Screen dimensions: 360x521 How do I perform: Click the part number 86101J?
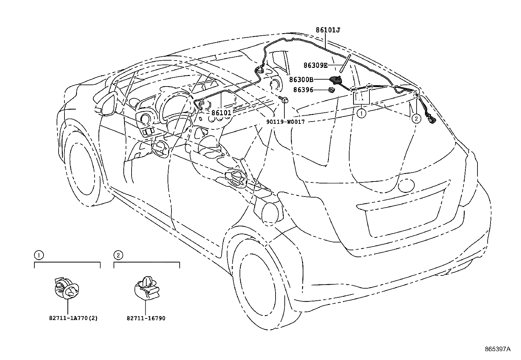click(x=328, y=30)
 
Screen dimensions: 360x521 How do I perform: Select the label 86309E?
click(x=315, y=65)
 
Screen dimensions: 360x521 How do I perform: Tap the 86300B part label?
click(x=301, y=79)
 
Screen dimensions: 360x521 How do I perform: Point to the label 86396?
click(x=303, y=89)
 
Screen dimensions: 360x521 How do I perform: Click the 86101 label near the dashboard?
click(x=221, y=113)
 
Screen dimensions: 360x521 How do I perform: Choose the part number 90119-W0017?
click(x=285, y=122)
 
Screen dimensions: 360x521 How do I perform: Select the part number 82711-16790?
click(x=146, y=318)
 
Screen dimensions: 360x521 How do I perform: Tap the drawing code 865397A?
click(x=497, y=349)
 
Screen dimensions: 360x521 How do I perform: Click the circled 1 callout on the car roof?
click(x=361, y=114)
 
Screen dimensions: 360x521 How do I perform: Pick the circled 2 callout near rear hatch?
click(x=416, y=118)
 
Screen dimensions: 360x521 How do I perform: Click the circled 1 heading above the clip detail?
click(x=39, y=255)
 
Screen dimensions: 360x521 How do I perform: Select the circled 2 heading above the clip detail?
click(x=118, y=255)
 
